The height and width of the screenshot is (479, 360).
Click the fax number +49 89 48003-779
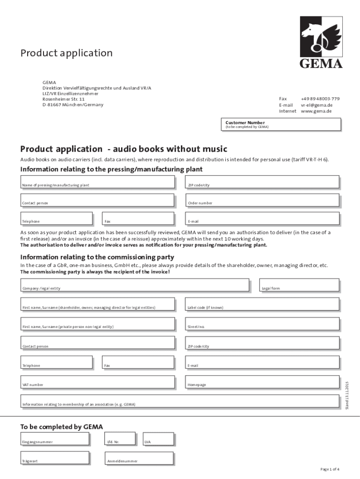click(320, 99)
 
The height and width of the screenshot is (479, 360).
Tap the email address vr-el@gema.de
click(317, 105)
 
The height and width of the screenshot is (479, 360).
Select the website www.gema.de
click(317, 111)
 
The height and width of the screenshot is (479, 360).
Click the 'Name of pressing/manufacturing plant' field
click(100, 182)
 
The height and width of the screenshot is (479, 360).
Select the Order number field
click(262, 200)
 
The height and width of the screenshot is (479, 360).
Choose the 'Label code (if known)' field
click(262, 304)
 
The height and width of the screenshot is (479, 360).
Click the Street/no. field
click(262, 323)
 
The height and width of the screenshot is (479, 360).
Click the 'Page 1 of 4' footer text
click(330, 469)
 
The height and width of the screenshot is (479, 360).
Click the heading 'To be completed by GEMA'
click(61, 426)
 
